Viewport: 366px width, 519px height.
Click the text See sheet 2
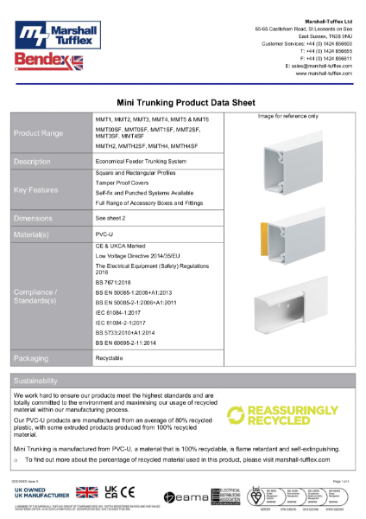pyautogui.click(x=110, y=220)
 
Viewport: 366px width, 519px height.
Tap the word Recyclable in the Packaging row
pyautogui.click(x=110, y=356)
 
